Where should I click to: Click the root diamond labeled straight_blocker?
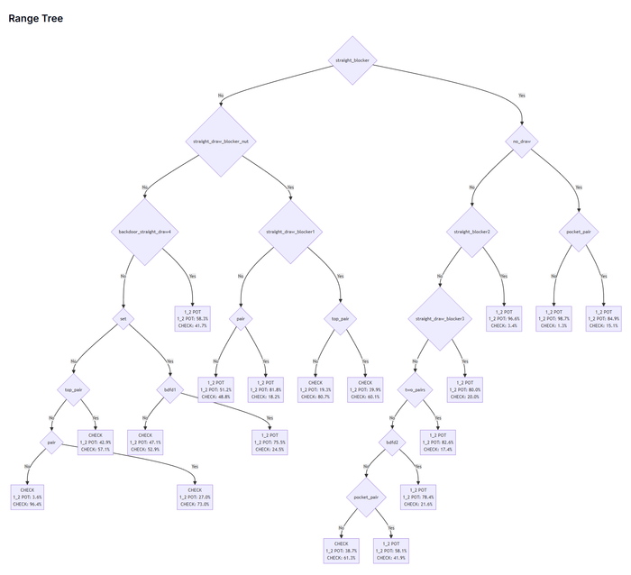click(352, 60)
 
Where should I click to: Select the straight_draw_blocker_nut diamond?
click(217, 141)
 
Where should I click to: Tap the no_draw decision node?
click(521, 141)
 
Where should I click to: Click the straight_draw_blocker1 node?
click(290, 232)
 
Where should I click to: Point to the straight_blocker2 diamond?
click(472, 232)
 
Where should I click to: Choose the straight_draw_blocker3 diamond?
click(440, 318)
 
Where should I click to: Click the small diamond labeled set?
click(123, 318)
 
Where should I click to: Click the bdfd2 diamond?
click(391, 443)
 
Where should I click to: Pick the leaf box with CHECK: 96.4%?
click(28, 497)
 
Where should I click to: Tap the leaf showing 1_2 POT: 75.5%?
click(269, 443)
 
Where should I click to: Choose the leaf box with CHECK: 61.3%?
click(342, 551)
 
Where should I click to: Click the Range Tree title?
click(35, 18)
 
